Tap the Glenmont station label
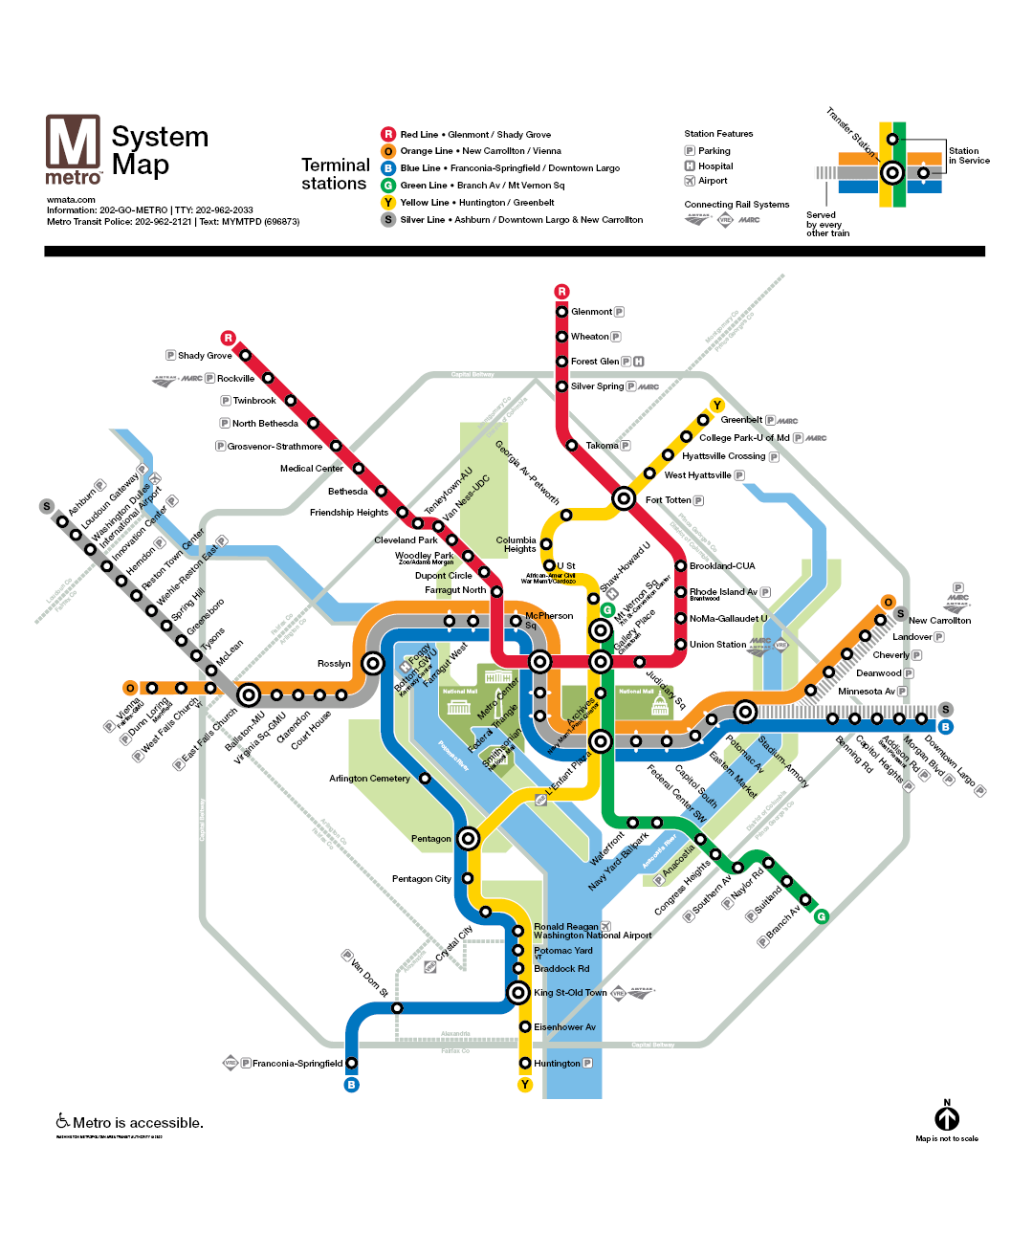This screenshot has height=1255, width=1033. coord(591,312)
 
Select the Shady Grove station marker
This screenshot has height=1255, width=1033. coord(245,355)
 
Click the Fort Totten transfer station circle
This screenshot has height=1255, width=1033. coord(624,498)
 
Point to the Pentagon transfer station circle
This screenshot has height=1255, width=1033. coord(468,839)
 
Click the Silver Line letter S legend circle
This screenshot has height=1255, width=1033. coord(388,220)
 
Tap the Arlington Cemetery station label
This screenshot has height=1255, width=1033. coord(369,779)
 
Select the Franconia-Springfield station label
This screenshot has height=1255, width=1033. coord(297,1064)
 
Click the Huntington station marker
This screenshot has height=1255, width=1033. coord(525,1063)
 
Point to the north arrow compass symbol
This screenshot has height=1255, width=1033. coord(947,1117)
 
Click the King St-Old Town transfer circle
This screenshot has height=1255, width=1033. coord(517,992)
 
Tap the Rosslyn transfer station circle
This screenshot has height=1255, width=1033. coord(373,662)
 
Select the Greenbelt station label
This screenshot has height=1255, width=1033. coord(741,420)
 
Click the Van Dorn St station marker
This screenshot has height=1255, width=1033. coord(397,1007)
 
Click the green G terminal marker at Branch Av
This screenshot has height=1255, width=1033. coord(821,916)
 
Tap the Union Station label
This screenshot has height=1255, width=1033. coord(717,645)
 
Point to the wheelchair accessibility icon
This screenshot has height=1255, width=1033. coord(63,1121)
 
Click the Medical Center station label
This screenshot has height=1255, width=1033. coord(311,469)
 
